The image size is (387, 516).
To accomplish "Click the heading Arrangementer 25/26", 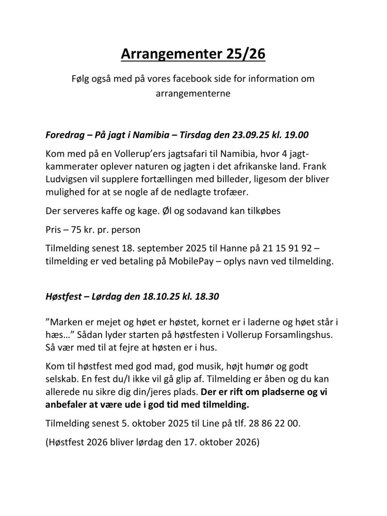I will coord(193,53).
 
